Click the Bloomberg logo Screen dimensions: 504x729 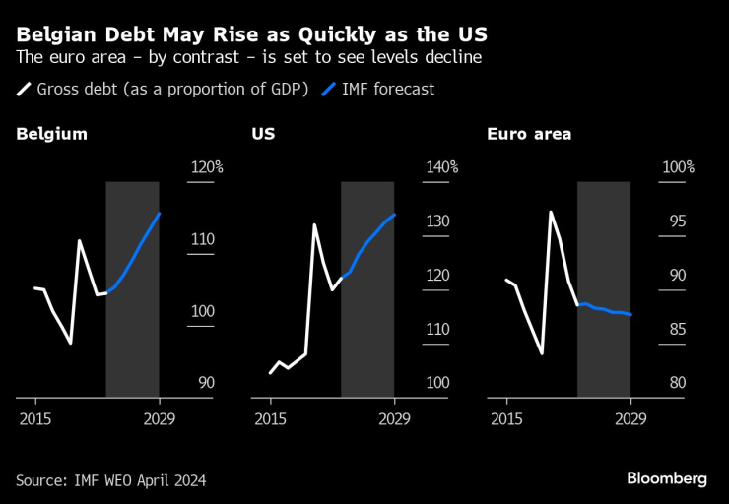coord(667,478)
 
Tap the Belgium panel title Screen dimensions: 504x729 coord(51,134)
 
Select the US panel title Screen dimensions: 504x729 coord(263,134)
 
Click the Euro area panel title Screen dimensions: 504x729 coord(529,134)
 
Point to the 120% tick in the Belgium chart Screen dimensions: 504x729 coord(206,167)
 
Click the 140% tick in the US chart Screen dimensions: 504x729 coord(441,167)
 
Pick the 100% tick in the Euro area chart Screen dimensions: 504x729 coord(678,167)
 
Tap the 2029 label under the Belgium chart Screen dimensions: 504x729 coord(160,417)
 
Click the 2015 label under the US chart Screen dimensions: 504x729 coord(270,417)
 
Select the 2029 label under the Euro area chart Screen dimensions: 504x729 coord(630,417)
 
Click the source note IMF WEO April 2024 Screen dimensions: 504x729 coord(111,480)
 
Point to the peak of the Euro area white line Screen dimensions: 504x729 coord(551,212)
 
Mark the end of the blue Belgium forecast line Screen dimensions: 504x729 coord(160,214)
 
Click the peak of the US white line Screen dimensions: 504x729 coord(314,224)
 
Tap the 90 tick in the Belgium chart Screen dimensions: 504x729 coord(206,383)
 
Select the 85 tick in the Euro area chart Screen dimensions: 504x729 coord(678,329)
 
